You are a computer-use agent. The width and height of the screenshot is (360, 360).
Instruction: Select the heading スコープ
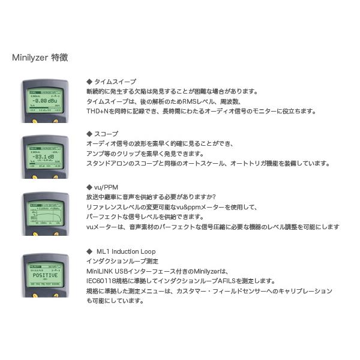106,134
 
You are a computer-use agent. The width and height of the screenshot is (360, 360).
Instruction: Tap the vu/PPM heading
106,187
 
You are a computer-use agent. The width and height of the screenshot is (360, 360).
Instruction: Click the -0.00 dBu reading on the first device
45,101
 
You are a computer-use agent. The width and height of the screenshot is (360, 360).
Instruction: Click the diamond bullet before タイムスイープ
89,82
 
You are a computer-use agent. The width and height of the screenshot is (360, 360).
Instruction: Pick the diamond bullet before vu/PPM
89,187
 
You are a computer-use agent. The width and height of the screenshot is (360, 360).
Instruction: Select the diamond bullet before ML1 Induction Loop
89,251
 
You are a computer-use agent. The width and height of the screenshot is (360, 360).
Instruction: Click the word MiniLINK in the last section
101,271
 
